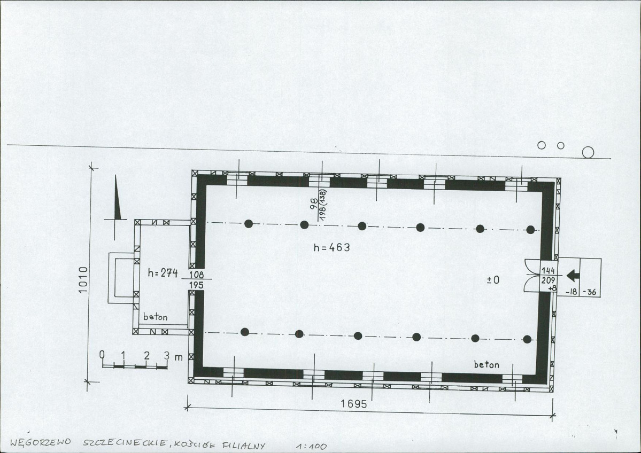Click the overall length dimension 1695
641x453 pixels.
click(x=353, y=404)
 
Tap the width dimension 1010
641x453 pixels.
click(x=83, y=279)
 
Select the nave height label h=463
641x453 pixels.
click(x=331, y=247)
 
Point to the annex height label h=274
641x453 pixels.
click(x=163, y=272)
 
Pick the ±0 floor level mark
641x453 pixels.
click(x=493, y=280)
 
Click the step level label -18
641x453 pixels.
click(x=571, y=292)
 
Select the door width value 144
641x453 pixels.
click(x=548, y=271)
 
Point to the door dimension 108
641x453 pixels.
click(x=196, y=275)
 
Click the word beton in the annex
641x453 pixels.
click(x=156, y=317)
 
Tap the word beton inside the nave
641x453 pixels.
click(x=486, y=364)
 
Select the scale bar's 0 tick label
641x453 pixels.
click(x=102, y=355)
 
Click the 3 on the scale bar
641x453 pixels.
click(x=166, y=356)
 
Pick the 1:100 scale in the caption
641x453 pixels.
click(x=312, y=447)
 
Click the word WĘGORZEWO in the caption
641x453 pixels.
click(x=40, y=442)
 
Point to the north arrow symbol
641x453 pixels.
click(x=117, y=198)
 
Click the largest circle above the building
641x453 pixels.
click(x=588, y=152)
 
